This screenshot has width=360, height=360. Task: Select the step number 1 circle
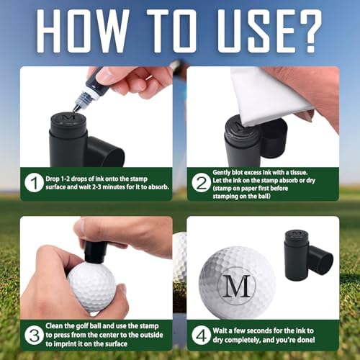coord(34,183)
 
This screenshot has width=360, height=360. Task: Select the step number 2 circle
coord(201,183)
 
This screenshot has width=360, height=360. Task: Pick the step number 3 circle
coord(34,335)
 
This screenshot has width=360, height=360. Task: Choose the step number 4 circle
coord(201,335)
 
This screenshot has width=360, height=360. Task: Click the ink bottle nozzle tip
coord(76,109)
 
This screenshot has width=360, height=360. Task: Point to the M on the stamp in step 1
coord(69,117)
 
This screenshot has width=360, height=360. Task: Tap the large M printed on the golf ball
coord(237,286)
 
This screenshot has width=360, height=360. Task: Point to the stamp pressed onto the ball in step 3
coord(95,252)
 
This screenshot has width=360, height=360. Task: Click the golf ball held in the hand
coord(92,287)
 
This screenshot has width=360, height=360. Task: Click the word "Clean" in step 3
coord(54,326)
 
